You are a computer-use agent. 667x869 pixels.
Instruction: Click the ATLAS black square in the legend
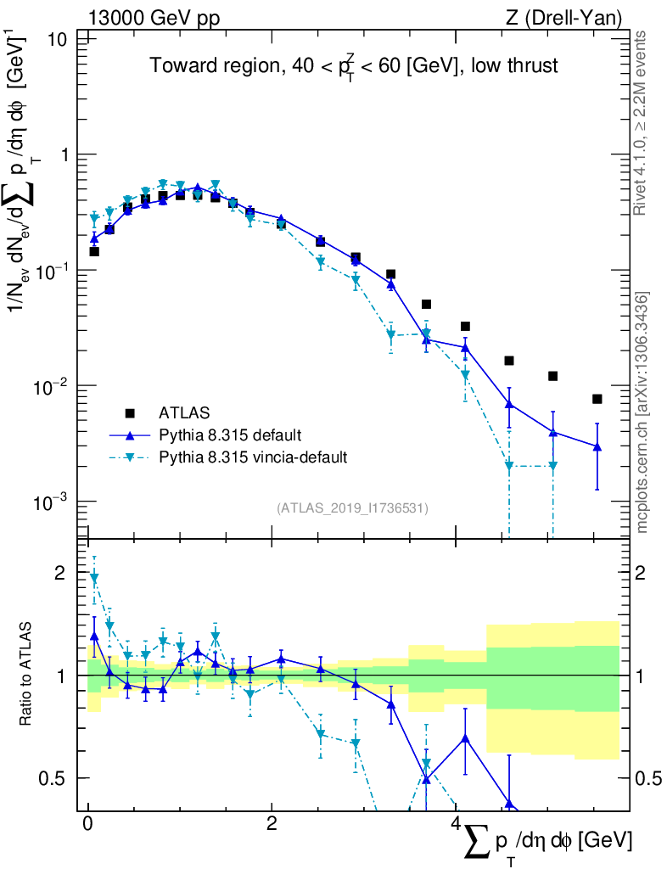pos(130,413)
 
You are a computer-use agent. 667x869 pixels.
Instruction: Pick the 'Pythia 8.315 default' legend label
pos(229,435)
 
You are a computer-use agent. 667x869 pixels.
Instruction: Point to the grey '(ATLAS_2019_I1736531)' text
pos(352,508)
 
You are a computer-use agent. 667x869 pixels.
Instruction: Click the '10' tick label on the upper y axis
pos(59,40)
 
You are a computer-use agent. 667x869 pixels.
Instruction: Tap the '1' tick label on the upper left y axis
pos(64,155)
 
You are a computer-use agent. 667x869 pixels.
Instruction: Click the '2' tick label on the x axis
pos(272,824)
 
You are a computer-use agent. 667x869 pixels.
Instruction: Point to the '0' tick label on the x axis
pos(87,824)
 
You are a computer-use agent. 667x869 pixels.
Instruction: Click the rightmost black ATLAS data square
pos(597,399)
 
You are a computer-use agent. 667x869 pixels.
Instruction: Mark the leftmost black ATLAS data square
pos(94,251)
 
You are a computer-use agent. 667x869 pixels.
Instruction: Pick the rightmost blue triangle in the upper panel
pos(597,446)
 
